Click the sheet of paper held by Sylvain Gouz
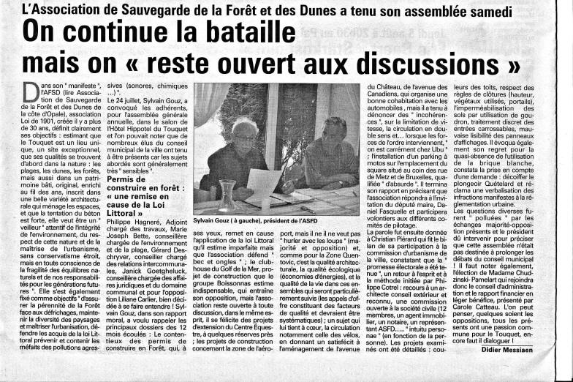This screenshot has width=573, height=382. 264,183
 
